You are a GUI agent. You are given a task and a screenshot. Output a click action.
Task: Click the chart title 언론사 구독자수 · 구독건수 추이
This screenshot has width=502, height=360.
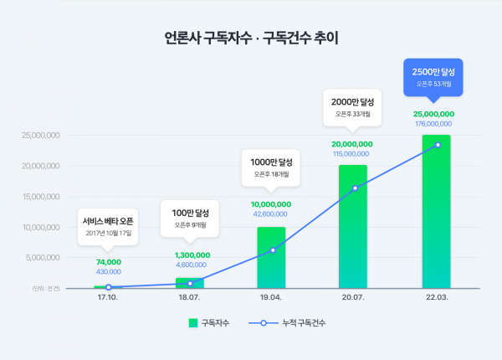point(251,38)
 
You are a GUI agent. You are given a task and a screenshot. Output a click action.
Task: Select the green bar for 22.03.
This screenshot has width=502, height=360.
point(436,213)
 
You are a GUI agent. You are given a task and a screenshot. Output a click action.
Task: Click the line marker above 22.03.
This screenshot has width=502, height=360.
point(437,145)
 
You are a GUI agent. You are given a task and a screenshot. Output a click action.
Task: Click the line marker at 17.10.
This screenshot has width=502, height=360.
point(109,287)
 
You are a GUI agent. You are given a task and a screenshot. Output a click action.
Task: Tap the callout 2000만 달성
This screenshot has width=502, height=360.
point(351,107)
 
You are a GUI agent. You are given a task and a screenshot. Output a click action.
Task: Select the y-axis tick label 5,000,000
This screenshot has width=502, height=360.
point(44,258)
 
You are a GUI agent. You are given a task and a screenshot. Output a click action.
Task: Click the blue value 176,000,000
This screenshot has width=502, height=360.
point(433,124)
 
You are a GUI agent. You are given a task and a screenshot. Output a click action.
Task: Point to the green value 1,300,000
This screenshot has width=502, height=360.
point(191,255)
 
